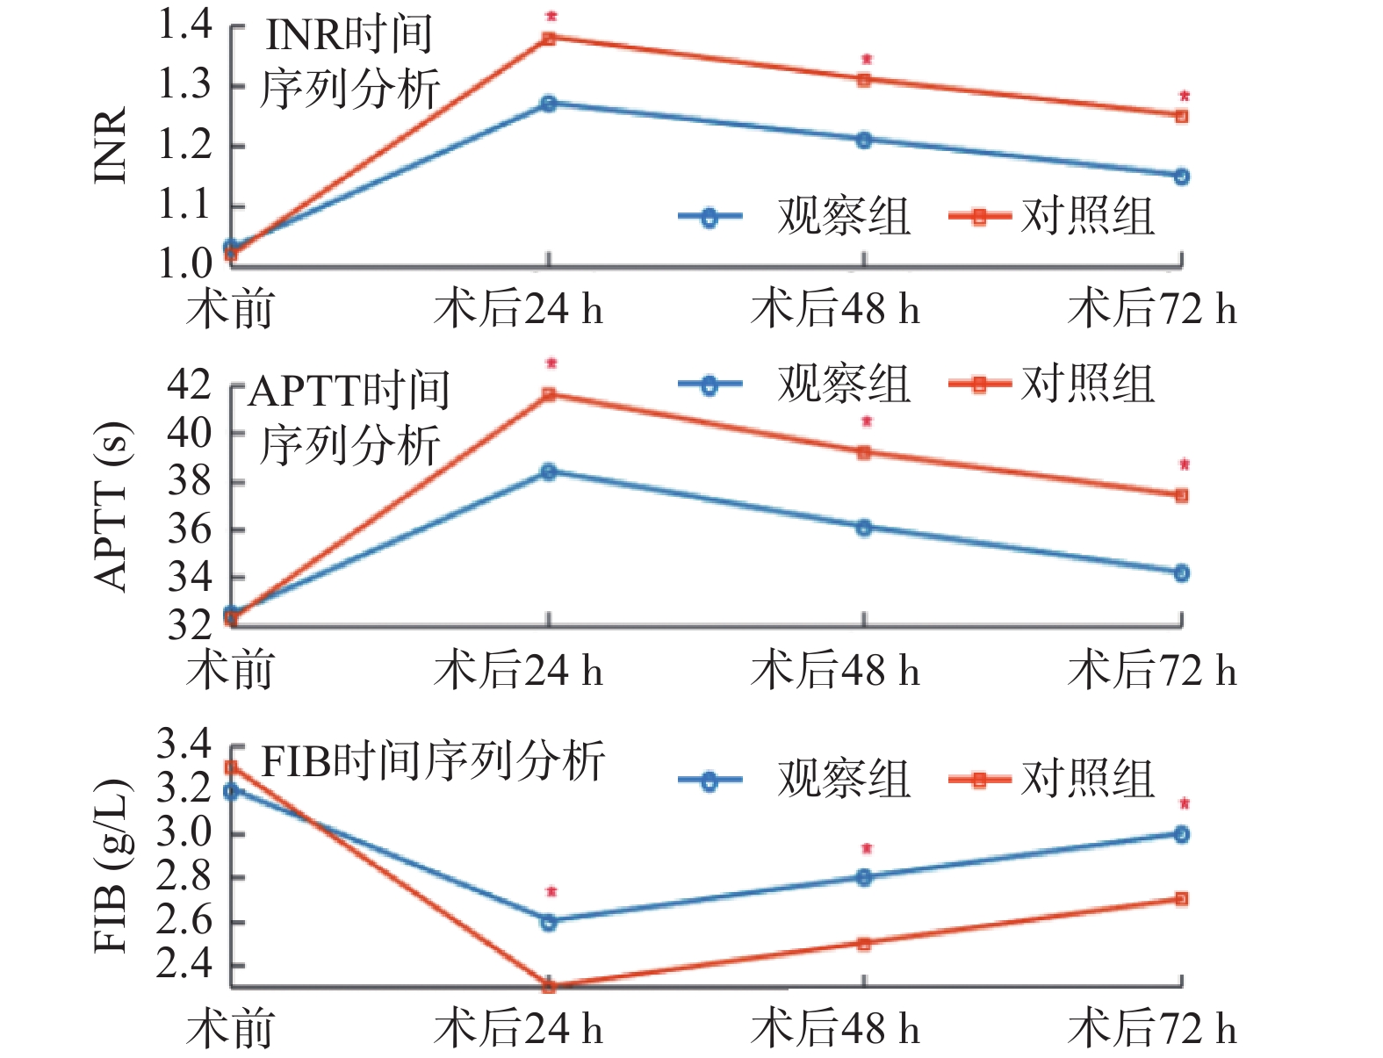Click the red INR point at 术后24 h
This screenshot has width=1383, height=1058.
click(x=549, y=38)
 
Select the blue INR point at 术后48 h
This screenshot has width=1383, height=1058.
click(x=864, y=140)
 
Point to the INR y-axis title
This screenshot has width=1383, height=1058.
click(x=112, y=145)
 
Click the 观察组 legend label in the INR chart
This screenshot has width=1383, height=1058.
click(x=843, y=216)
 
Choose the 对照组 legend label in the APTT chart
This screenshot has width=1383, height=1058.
click(x=1087, y=385)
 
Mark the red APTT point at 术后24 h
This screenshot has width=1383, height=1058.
click(x=549, y=394)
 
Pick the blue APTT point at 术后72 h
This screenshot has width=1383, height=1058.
click(x=1181, y=573)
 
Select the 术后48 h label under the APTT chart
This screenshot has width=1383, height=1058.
click(x=836, y=672)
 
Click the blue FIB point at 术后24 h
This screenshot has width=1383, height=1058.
click(x=549, y=922)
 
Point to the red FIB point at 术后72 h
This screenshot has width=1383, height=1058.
click(x=1181, y=899)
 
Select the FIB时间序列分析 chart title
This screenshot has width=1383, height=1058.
click(x=434, y=760)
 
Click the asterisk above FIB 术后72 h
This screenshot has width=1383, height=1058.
click(x=1184, y=803)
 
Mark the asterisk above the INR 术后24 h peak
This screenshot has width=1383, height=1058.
click(x=551, y=17)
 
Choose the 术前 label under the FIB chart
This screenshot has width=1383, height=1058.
click(x=230, y=1029)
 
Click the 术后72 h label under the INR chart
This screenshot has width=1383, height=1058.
click(x=1152, y=310)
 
